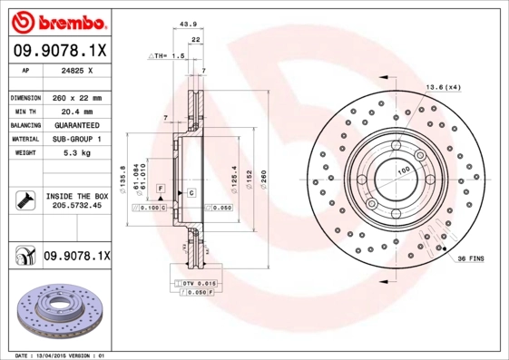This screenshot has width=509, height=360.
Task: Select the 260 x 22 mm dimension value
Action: tap(76, 97)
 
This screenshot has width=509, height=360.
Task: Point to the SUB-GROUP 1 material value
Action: tap(76, 139)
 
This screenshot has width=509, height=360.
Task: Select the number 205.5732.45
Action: tap(76, 206)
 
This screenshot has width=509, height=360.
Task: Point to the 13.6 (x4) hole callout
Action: tap(444, 87)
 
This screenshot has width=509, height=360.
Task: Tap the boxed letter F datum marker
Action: tap(161, 187)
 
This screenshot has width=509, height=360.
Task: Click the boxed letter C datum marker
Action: tap(192, 193)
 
